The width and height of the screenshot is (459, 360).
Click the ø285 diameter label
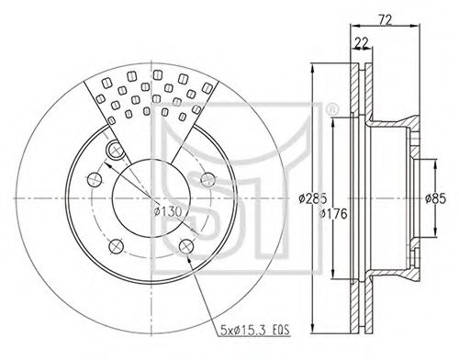pos(313,198)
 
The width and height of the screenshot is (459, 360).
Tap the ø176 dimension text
pos(333,214)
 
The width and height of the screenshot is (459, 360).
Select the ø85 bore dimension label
pos(435,198)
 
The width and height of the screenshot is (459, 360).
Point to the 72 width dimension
pos(386,20)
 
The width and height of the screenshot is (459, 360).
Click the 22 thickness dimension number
pos(362,43)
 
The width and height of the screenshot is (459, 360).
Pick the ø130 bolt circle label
pos(168,211)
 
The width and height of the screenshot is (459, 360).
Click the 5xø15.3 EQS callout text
pos(255,331)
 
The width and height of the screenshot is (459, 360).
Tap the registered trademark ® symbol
pos(331,109)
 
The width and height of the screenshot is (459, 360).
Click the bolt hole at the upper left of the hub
pos(116,149)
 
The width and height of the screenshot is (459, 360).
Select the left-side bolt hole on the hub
pos(95,179)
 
